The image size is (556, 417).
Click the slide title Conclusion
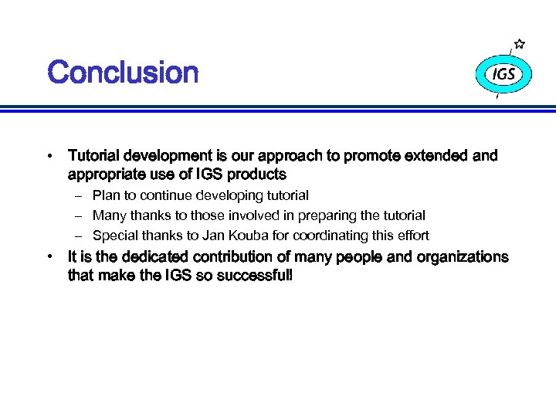click(123, 73)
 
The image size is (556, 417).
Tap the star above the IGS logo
click(520, 44)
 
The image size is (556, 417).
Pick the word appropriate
click(104, 175)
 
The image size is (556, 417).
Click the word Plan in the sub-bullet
click(106, 196)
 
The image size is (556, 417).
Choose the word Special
click(115, 236)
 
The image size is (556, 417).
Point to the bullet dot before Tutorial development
click(49, 156)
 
